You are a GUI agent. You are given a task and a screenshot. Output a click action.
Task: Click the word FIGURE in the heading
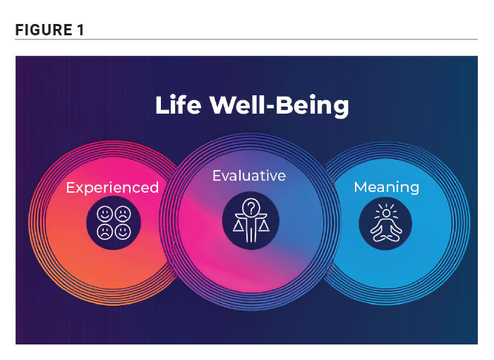tap(44, 30)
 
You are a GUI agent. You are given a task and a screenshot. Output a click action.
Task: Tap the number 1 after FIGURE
tap(80, 30)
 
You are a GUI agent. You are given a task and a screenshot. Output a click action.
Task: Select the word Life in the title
tap(178, 104)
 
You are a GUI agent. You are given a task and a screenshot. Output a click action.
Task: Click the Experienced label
tap(112, 188)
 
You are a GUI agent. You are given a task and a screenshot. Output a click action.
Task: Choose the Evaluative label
tap(249, 176)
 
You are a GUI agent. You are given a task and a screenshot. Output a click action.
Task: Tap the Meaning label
tap(387, 187)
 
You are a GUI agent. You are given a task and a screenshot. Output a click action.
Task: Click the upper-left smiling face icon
tap(105, 214)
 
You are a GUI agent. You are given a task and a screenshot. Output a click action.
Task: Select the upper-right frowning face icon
tap(123, 214)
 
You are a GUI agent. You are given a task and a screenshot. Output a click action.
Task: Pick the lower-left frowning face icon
tap(105, 232)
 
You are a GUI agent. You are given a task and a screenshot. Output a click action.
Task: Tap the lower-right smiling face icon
tap(123, 232)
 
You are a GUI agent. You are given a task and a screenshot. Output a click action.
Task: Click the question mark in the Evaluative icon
tap(251, 208)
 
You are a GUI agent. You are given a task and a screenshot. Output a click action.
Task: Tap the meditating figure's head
tap(386, 213)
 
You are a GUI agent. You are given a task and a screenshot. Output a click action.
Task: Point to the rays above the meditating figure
tap(386, 209)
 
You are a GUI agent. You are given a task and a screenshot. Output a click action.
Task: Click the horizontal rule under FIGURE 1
tap(246, 40)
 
